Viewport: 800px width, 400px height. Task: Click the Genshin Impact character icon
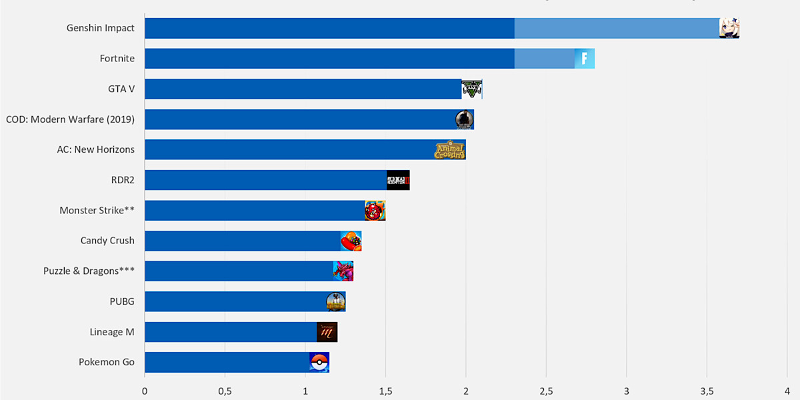[729, 28]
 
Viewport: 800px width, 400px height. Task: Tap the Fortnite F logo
[584, 59]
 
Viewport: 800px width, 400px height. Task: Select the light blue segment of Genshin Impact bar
[617, 28]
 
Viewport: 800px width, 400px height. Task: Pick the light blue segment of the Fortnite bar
[544, 59]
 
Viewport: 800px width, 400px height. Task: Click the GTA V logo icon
[471, 89]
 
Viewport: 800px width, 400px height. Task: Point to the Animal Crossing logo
[449, 149]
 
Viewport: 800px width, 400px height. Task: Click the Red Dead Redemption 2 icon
[398, 180]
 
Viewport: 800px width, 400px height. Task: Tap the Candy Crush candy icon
[351, 241]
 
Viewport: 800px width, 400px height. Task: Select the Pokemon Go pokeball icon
[319, 362]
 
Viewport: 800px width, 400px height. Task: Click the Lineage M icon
[327, 332]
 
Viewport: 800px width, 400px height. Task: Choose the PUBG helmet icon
[335, 301]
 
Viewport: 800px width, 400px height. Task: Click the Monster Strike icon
[375, 211]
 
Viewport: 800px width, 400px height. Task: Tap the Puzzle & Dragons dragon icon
[343, 271]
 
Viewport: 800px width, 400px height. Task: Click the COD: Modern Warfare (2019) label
[70, 119]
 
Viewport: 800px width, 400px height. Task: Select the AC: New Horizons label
[95, 149]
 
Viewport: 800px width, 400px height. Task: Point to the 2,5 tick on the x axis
[546, 390]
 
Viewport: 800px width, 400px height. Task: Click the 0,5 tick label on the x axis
[225, 390]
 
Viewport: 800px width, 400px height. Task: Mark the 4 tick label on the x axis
[787, 390]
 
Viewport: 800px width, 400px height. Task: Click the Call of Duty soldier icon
[464, 119]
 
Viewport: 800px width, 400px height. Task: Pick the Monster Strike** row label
[97, 211]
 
